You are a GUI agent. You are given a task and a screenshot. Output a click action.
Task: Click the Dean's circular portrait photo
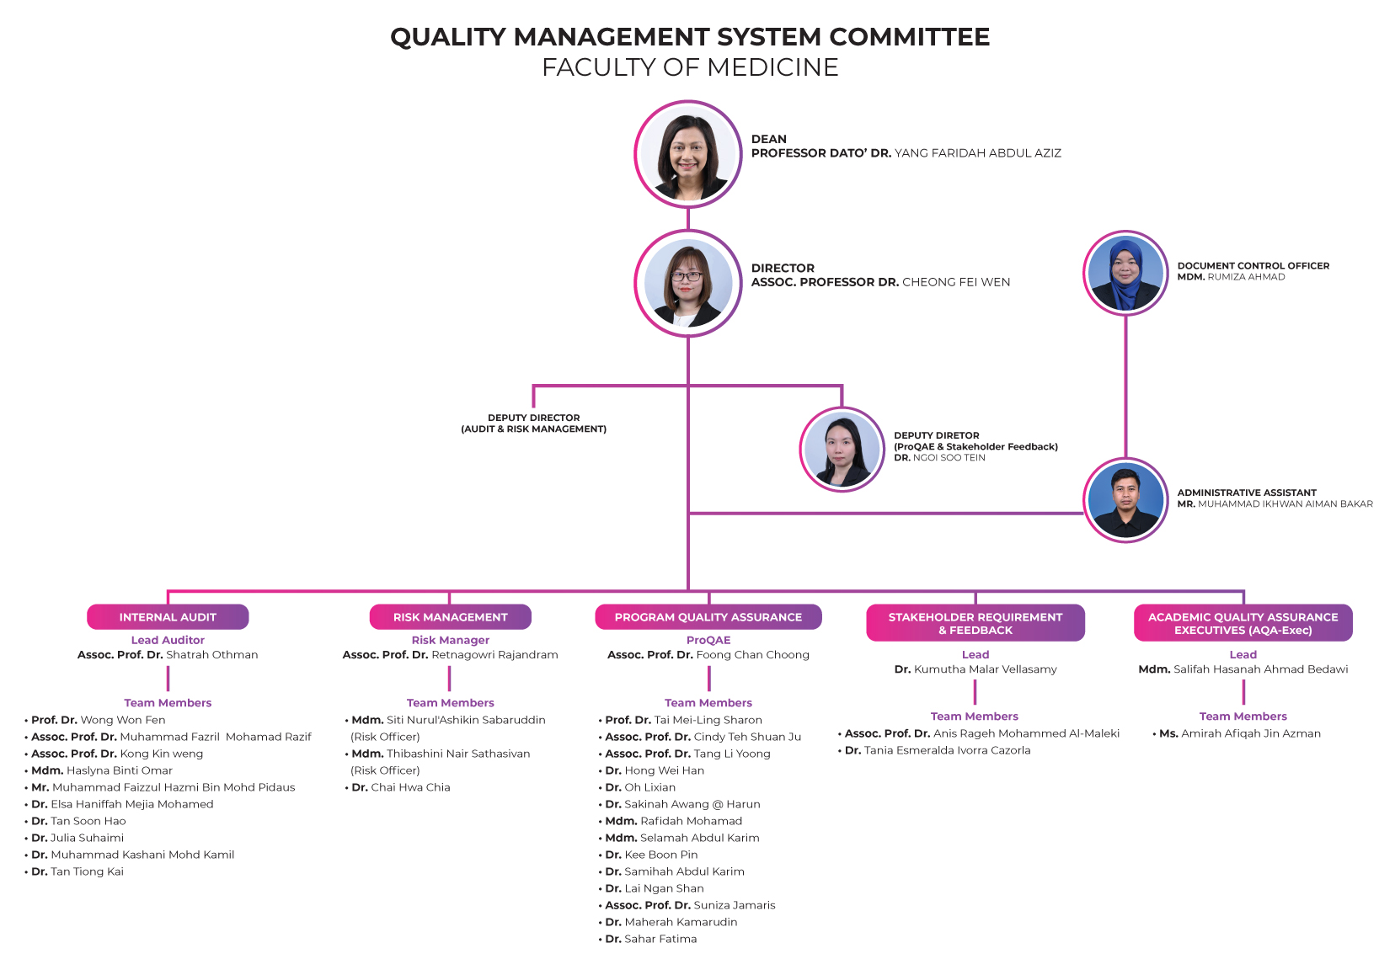point(687,154)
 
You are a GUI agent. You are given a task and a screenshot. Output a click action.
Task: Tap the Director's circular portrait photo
point(687,283)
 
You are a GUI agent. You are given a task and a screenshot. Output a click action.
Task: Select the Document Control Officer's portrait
point(1125,273)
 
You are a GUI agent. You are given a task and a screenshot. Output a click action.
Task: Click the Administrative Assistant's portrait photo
point(1125,500)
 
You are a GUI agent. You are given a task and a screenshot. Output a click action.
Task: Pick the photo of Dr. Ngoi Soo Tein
point(842,449)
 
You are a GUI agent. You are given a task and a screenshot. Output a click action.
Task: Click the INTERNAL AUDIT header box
point(168,616)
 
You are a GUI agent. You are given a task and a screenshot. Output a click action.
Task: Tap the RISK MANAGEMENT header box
point(451,616)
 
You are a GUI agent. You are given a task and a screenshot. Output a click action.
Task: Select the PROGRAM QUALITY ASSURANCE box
point(708,616)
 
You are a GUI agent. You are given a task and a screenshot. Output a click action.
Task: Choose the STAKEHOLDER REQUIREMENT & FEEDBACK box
point(975,623)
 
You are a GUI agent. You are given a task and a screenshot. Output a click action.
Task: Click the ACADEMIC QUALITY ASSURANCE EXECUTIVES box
point(1243,623)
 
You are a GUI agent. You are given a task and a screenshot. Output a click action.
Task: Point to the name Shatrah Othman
point(211,655)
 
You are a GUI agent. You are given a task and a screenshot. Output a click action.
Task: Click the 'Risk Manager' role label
point(451,640)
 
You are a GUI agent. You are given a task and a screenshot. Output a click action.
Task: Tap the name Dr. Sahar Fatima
point(651,939)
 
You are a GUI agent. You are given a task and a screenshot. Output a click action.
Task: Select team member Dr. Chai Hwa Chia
point(400,787)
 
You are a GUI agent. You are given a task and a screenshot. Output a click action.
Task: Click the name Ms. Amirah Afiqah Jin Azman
point(1240,733)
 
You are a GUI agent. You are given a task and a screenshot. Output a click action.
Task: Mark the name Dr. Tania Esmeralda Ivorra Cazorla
point(938,750)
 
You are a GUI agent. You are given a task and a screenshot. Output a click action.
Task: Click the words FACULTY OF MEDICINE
point(690,67)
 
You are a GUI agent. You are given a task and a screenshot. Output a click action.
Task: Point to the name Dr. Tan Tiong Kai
point(77,871)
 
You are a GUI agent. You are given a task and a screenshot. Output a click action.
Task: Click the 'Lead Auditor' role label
point(168,640)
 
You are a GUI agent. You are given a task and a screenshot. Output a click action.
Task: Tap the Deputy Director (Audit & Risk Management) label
point(534,424)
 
